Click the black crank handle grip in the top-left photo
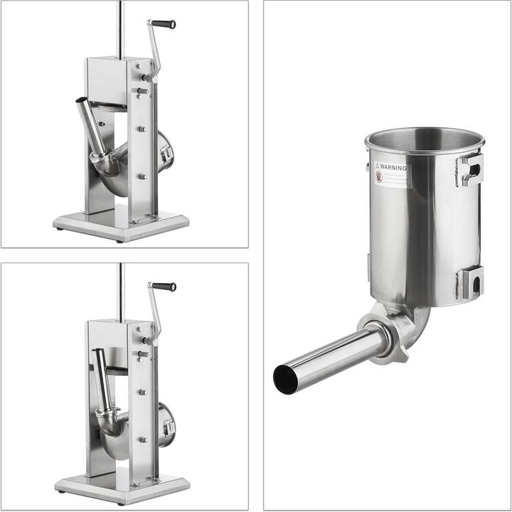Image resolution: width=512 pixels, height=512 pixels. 163,24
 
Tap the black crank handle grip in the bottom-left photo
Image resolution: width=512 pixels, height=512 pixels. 163,287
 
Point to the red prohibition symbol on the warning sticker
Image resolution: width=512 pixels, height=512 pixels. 379,177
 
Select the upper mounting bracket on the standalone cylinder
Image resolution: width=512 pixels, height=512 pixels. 470,169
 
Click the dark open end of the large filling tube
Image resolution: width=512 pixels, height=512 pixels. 286,379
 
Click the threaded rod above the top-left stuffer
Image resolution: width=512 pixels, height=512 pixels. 120,28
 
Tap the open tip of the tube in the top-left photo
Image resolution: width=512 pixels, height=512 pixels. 81,101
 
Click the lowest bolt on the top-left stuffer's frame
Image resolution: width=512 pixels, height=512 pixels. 142,176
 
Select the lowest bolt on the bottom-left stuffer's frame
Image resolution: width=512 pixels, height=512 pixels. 142,439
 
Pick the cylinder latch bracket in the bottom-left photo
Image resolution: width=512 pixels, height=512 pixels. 168,427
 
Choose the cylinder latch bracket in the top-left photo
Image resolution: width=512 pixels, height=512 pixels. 168,152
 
